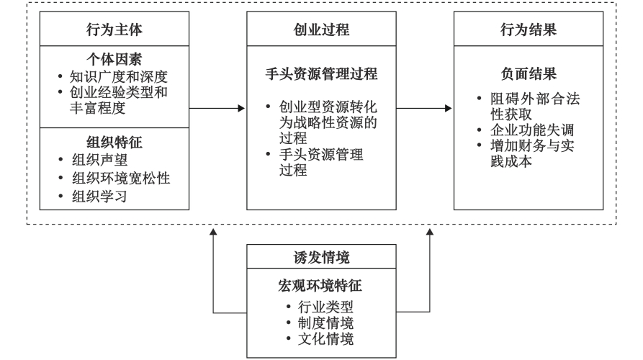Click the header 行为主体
point(114,31)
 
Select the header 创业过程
point(320,31)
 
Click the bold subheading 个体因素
point(114,57)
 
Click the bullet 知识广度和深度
point(118,76)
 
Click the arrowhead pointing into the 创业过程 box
point(240,109)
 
